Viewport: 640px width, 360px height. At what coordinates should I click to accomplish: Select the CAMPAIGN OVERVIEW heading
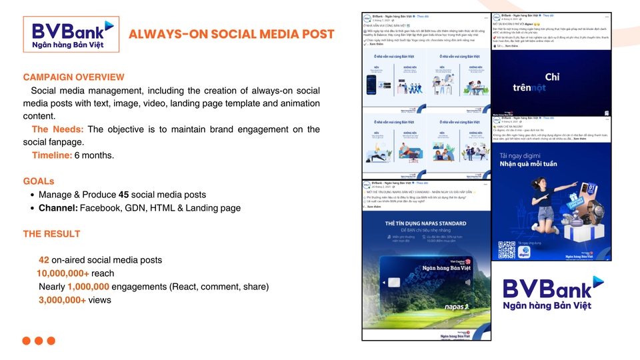point(73,77)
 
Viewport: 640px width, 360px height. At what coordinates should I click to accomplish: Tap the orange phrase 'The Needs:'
point(57,129)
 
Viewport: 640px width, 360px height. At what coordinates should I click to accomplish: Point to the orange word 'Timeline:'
point(51,155)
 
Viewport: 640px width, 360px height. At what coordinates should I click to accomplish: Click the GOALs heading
point(39,181)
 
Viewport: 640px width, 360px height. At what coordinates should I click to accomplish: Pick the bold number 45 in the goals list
point(123,195)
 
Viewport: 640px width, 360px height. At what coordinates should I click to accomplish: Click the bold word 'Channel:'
point(57,208)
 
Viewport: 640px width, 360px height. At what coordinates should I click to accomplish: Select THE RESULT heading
point(51,234)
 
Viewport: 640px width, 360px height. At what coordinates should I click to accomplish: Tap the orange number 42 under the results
point(43,260)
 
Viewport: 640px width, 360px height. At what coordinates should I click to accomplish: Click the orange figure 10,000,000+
point(63,273)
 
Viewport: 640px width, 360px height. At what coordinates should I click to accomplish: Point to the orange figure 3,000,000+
point(62,300)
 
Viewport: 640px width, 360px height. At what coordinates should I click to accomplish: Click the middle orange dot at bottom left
point(39,341)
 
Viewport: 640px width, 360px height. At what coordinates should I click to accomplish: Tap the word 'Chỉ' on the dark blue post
point(553,77)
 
